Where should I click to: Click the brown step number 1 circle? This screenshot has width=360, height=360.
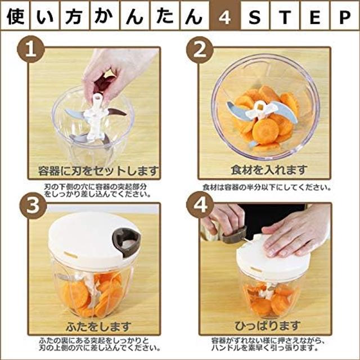[31, 49]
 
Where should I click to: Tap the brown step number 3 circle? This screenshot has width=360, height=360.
[33, 205]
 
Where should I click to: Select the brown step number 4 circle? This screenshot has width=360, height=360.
[200, 204]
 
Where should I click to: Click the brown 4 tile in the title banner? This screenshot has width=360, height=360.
[225, 16]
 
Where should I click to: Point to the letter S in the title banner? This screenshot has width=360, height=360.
[255, 16]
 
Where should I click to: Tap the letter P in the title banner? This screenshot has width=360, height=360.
[345, 16]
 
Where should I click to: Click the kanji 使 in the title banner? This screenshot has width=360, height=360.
[15, 16]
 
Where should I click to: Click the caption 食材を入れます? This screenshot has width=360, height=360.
[269, 170]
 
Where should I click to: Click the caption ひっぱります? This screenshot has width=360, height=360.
[268, 325]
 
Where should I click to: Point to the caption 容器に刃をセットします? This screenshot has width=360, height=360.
[98, 171]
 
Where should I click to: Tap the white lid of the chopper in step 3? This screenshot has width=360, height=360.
[92, 241]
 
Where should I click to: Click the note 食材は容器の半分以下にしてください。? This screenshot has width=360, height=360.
[267, 187]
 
